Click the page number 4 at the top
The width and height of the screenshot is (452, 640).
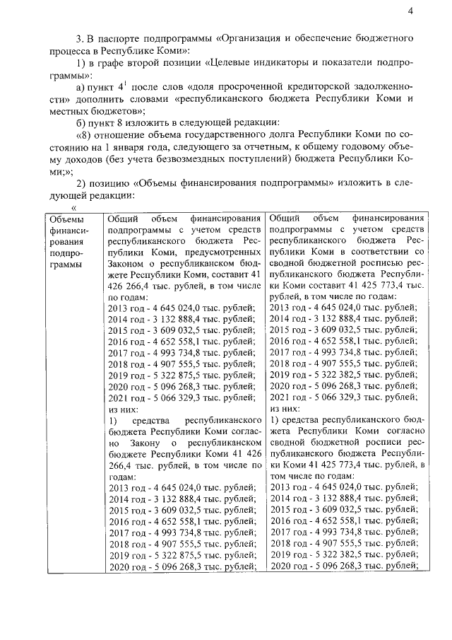coord(410,9)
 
